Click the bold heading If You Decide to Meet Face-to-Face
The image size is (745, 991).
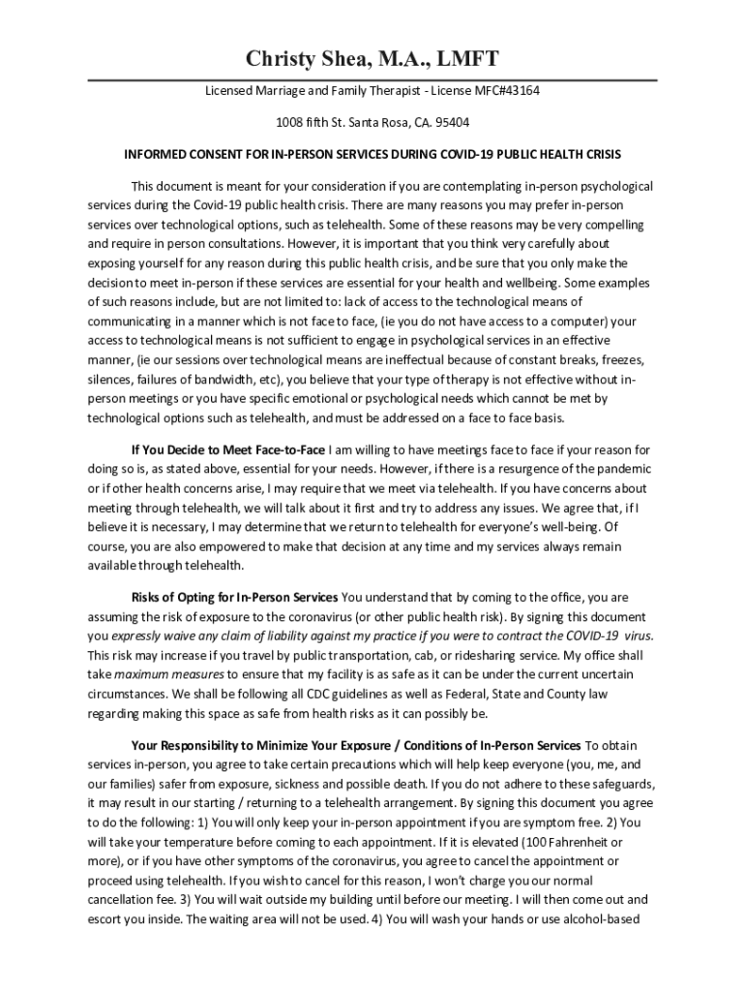click(228, 450)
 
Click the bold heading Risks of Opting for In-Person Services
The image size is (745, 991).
click(234, 597)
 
